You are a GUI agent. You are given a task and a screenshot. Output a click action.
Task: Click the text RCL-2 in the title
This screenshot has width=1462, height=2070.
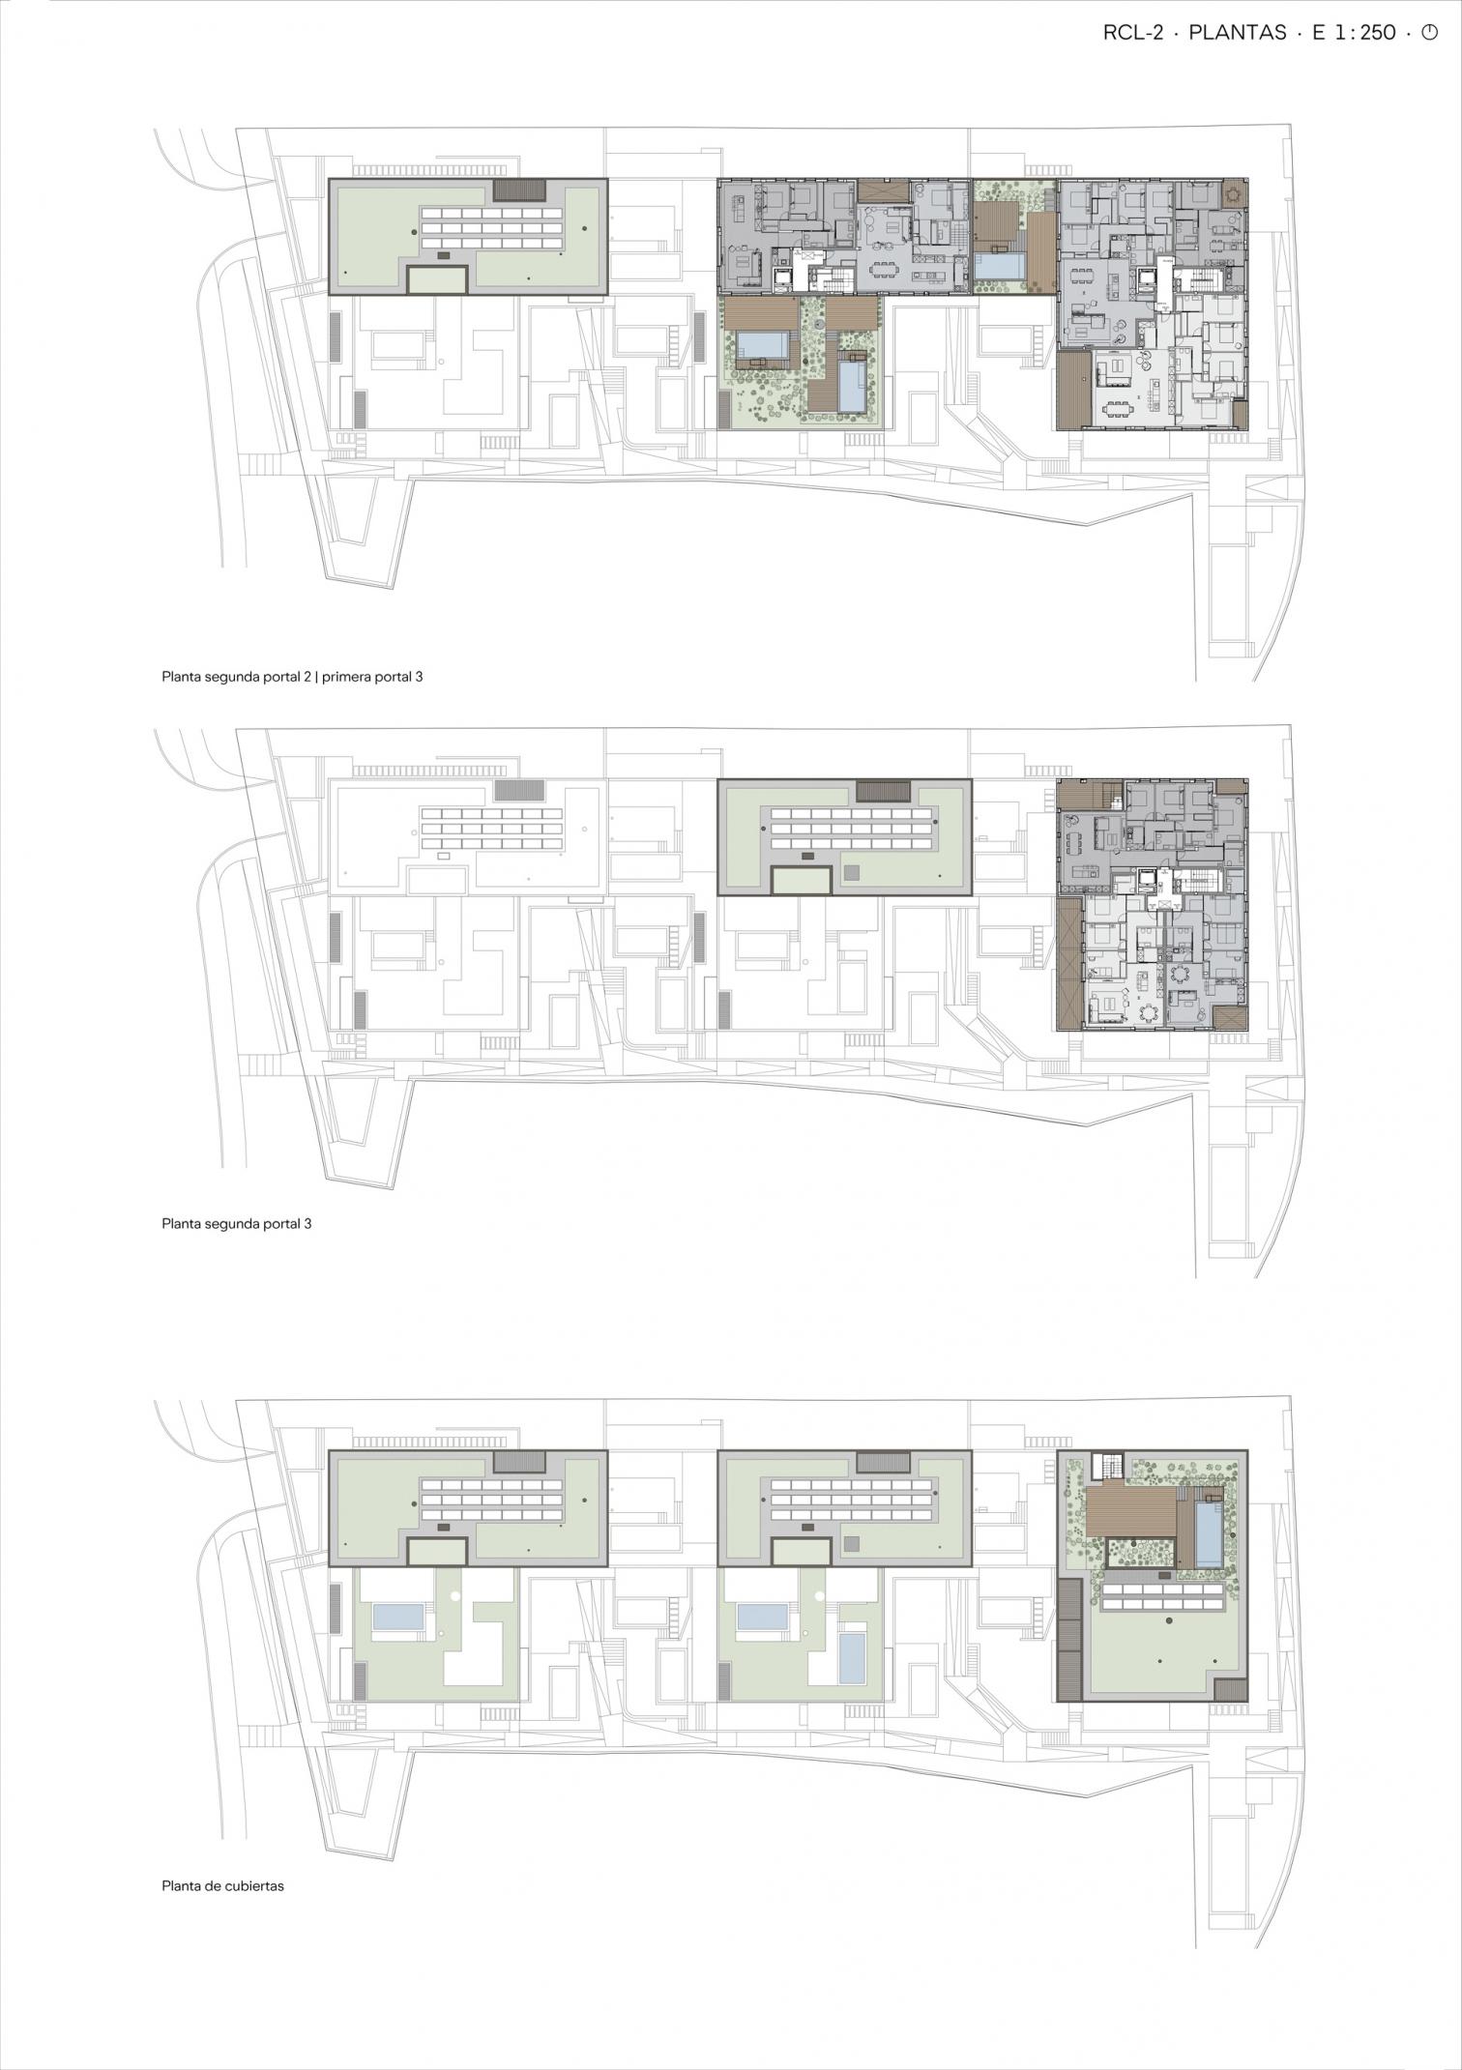[1133, 33]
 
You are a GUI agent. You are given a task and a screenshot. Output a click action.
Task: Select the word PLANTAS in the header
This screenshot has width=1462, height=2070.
[1238, 33]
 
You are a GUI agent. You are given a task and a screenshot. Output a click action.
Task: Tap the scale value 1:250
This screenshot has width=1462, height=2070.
[1365, 33]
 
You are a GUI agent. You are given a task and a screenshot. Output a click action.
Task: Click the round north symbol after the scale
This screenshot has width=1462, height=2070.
[1429, 33]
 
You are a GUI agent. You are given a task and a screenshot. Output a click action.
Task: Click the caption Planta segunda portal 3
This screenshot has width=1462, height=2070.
[237, 1223]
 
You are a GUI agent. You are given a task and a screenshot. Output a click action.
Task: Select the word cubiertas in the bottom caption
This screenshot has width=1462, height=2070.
[253, 1885]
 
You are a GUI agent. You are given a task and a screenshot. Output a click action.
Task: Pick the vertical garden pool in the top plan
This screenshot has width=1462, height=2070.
[853, 385]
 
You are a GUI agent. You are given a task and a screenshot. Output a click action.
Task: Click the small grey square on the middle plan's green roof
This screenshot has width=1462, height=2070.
[852, 872]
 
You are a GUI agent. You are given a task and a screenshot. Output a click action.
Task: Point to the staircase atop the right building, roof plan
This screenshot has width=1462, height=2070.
[1111, 1466]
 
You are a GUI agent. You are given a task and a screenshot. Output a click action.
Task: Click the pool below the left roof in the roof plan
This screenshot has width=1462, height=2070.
[398, 1618]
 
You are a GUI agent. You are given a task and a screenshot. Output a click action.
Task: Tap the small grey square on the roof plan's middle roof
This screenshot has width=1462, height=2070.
[852, 1543]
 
